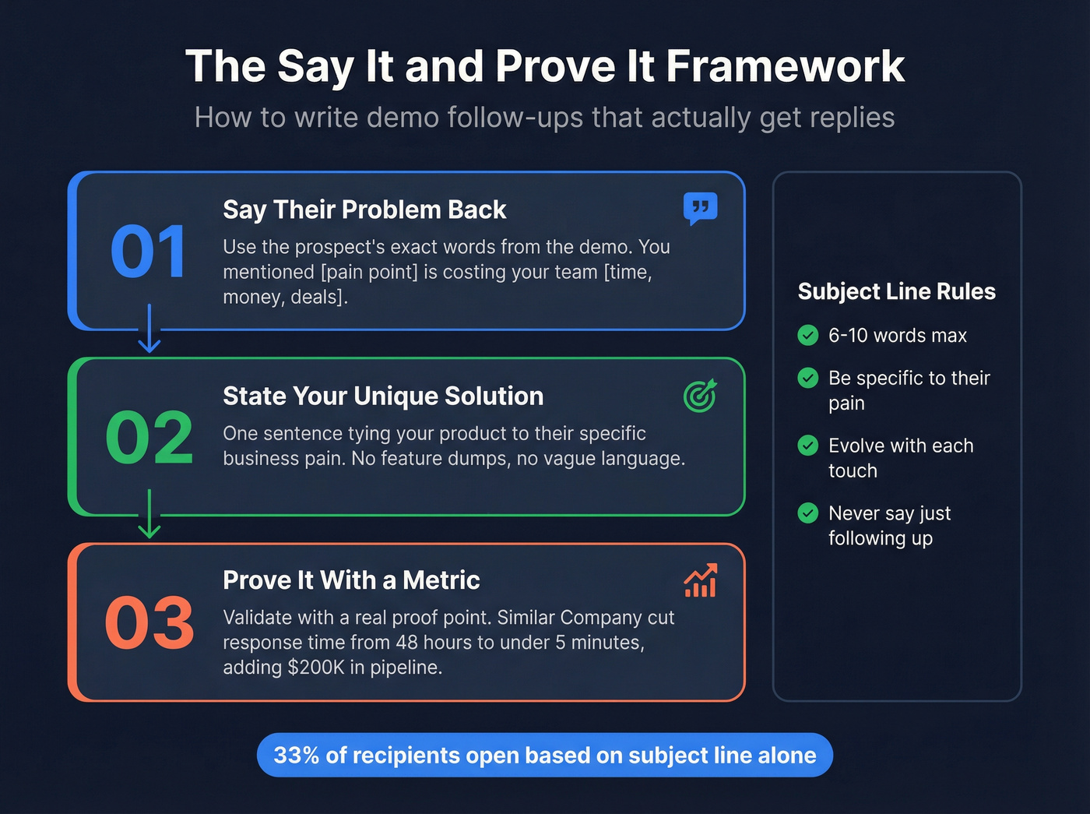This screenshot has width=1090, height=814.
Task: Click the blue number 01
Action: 148,252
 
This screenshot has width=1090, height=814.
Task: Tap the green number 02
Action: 149,438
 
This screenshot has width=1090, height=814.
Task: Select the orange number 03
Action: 149,623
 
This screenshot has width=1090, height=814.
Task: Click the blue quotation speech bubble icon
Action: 700,208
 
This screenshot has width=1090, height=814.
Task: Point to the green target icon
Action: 700,396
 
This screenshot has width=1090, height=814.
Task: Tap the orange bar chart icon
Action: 700,581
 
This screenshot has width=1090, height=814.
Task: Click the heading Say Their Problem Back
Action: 364,210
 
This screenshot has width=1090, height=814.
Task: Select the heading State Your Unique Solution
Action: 383,396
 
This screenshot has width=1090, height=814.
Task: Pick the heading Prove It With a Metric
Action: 351,580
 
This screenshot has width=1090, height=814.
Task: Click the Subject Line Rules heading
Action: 897,291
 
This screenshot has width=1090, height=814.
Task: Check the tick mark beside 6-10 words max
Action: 808,335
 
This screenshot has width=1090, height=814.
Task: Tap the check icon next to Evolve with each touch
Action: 808,446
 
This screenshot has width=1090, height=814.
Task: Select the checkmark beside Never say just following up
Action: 808,513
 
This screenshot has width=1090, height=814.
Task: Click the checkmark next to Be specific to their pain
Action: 808,378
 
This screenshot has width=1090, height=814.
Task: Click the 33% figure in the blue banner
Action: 296,755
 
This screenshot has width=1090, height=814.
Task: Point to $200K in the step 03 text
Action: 316,668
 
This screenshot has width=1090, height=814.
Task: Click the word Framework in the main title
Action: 785,66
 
